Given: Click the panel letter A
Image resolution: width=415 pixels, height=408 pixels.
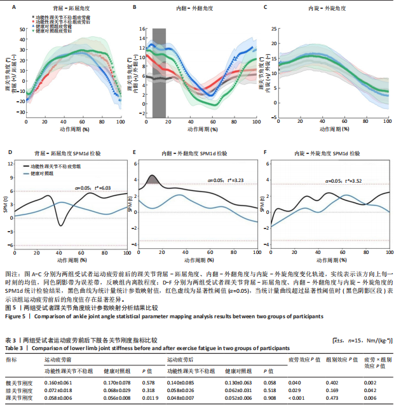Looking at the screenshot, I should tap(11, 7).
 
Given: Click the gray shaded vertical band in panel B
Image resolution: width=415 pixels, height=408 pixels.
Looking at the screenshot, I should tap(159, 73).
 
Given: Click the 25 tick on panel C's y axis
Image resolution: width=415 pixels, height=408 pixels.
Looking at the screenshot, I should tap(274, 29).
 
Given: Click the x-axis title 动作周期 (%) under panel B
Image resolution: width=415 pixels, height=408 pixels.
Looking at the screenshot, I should tap(203, 129).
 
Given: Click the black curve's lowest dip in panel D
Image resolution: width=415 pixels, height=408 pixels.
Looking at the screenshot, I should tap(61, 225).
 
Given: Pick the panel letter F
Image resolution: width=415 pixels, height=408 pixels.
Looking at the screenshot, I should tap(266, 153).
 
